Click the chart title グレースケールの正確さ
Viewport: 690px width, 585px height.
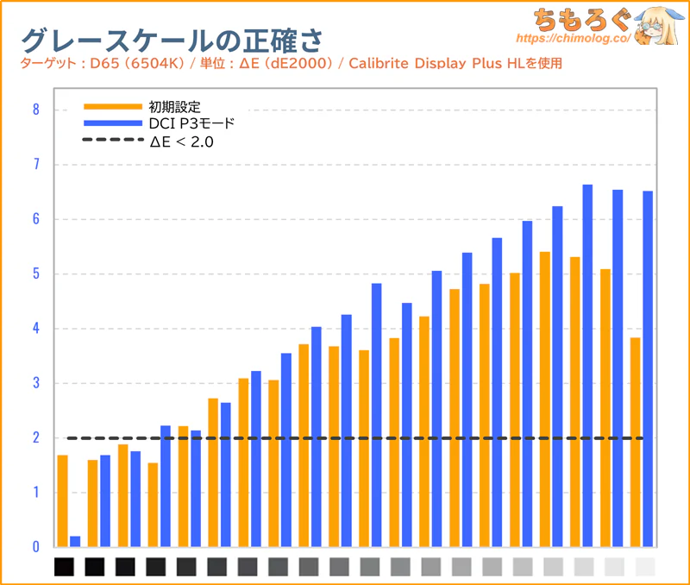click(172, 40)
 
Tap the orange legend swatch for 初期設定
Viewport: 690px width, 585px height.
click(112, 107)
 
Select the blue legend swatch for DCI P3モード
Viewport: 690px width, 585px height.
click(112, 123)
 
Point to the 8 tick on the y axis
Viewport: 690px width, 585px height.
click(35, 110)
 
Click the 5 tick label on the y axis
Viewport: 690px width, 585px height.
click(35, 274)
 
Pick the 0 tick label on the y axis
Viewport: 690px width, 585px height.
click(35, 547)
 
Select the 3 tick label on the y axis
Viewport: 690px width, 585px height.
click(35, 383)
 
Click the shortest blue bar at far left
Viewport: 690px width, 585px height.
click(75, 542)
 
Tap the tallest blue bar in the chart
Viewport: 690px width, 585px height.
click(587, 366)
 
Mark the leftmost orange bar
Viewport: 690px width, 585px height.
click(62, 500)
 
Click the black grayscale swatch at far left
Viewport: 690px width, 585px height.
click(65, 567)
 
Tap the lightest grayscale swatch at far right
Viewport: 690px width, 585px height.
click(644, 567)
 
